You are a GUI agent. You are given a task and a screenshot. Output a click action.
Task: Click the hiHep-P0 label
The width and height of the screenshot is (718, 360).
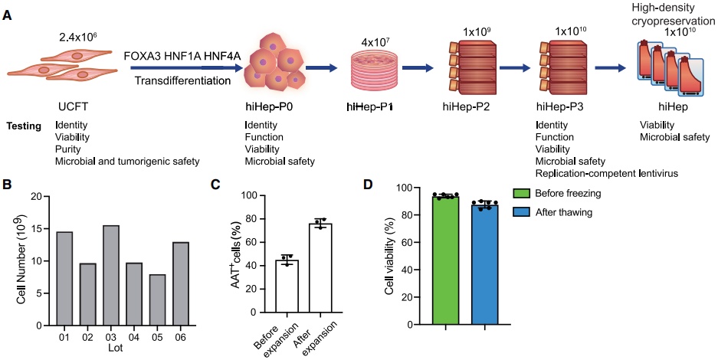click(x=267, y=107)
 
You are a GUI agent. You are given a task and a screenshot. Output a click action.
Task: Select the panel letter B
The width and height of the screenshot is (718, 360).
click(x=7, y=184)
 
